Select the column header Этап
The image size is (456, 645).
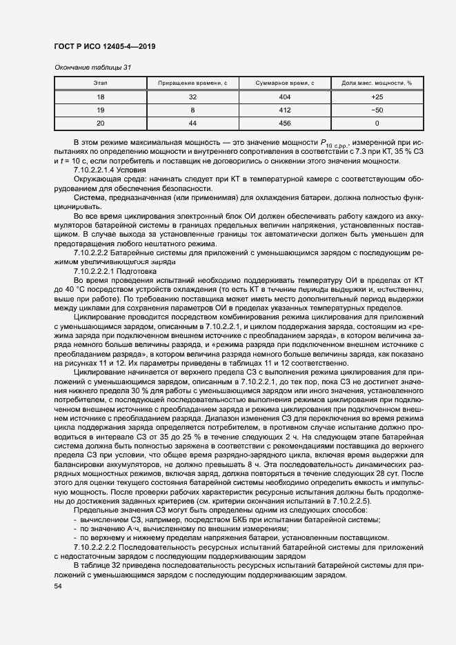tap(100, 83)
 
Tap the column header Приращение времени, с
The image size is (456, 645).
tap(192, 83)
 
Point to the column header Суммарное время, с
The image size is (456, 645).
tap(285, 83)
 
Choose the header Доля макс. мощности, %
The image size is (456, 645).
tap(377, 83)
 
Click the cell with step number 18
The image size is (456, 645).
tap(100, 97)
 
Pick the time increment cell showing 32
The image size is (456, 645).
tap(192, 97)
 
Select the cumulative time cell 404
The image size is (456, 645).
tap(285, 97)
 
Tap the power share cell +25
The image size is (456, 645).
tap(377, 97)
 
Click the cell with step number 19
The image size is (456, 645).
tap(100, 110)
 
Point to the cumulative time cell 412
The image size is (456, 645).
tap(285, 110)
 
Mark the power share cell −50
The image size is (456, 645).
tap(377, 110)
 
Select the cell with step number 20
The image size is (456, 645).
tap(100, 123)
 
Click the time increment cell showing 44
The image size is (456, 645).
tap(192, 123)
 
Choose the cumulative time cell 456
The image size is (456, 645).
tap(285, 123)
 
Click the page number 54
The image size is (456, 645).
tap(57, 586)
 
